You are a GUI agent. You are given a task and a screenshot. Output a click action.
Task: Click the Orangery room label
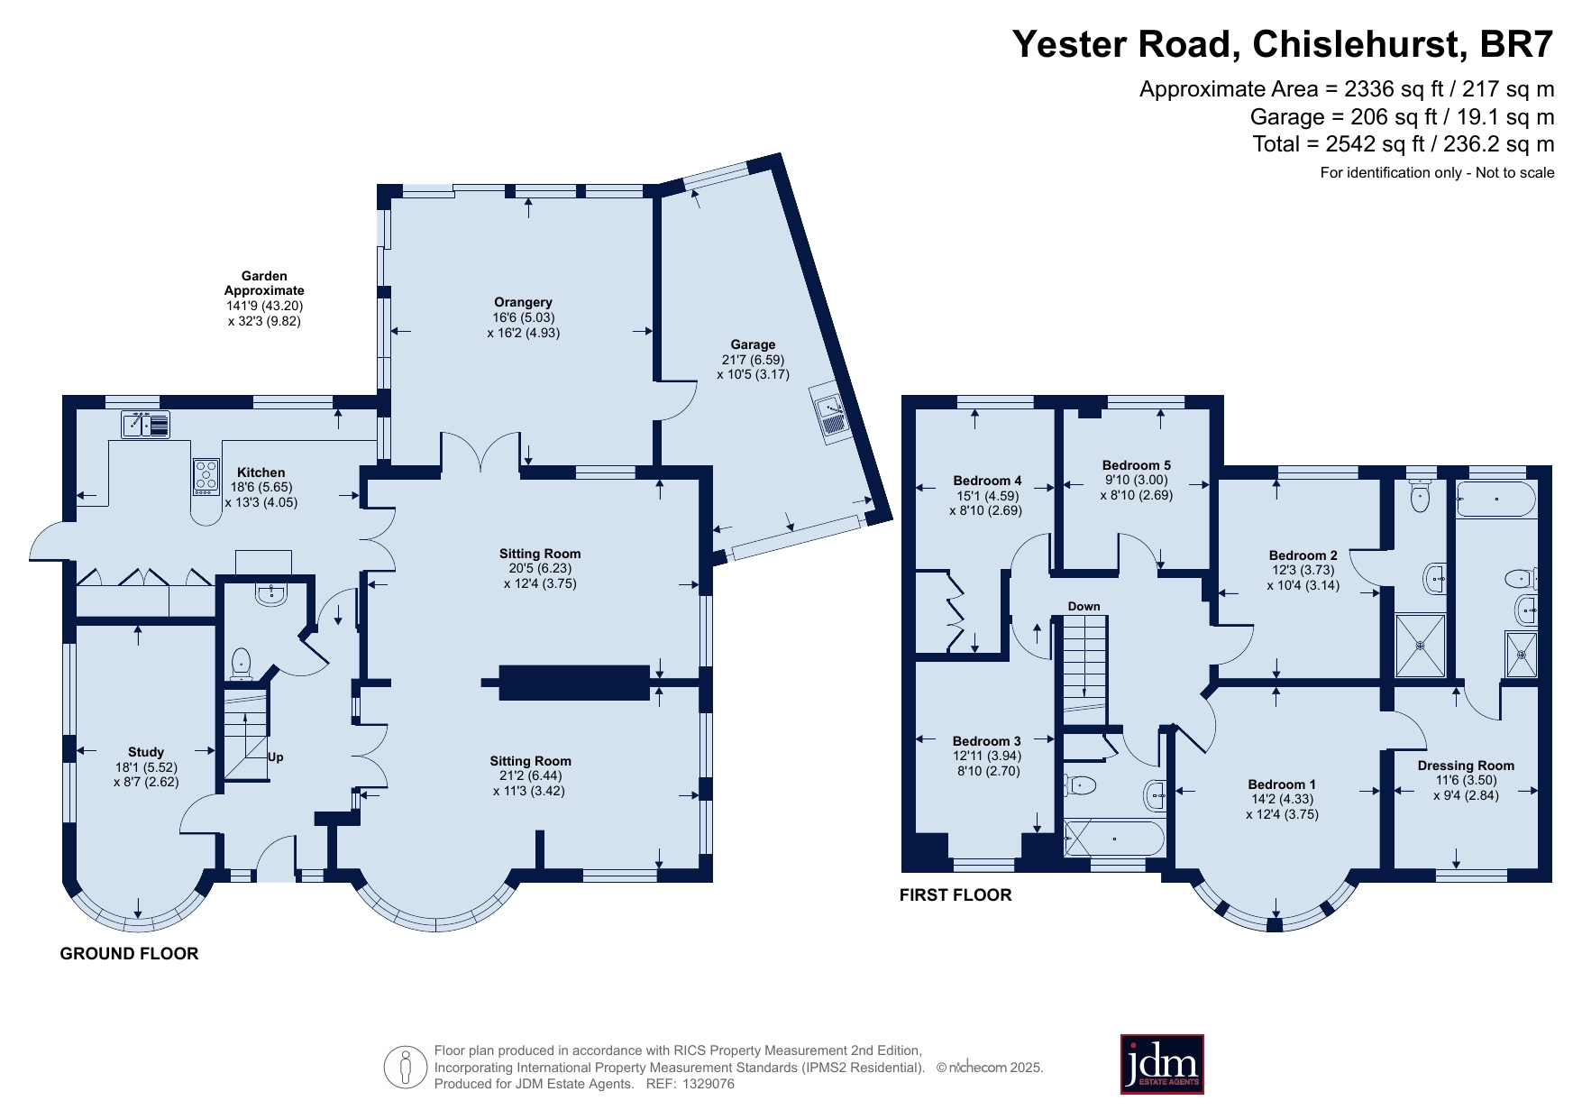point(523,302)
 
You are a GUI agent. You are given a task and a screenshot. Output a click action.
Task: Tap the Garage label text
point(753,344)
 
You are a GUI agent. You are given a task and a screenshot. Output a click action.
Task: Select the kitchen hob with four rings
point(206,477)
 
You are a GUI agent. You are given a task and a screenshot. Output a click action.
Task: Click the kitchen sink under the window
point(145,424)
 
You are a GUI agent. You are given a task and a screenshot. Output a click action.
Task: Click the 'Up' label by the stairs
point(276,757)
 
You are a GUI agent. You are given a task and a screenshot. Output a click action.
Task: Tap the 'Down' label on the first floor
point(1084,606)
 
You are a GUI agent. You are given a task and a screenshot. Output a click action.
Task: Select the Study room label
point(146,752)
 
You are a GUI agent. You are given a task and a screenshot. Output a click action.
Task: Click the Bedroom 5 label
point(1136,465)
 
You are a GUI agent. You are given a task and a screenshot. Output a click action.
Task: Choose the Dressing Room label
point(1466,766)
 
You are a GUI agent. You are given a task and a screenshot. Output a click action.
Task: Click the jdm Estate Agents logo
point(1162,1064)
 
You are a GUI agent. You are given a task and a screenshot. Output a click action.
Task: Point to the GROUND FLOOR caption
point(129,953)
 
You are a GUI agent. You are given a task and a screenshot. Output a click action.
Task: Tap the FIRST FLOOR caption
point(956,894)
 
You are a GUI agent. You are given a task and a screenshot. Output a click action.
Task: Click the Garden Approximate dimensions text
point(264,298)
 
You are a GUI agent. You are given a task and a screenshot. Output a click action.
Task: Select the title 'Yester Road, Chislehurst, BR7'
point(1283,44)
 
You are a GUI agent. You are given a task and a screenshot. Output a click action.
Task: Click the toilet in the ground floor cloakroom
point(242,664)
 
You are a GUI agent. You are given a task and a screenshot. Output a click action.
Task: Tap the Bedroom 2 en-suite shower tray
point(1420,646)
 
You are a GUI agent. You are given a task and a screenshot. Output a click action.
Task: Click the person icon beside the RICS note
point(405,1068)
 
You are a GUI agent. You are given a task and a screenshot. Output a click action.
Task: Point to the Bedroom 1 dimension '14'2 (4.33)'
point(1282,799)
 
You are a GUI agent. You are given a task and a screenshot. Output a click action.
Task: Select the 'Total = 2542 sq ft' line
point(1404,144)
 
